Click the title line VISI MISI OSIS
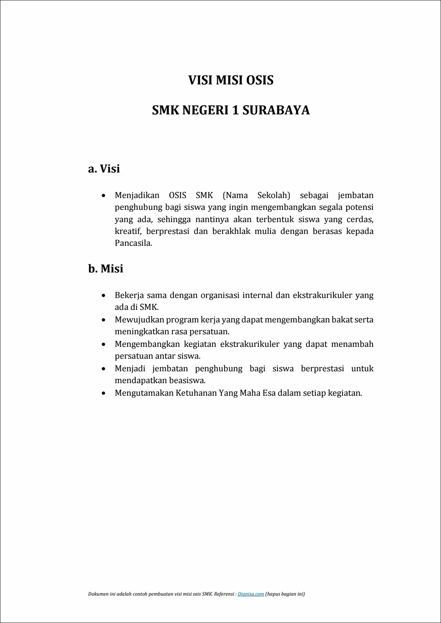231,80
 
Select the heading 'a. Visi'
104,169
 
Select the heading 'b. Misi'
106,269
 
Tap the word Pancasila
133,243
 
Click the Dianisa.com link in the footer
251,594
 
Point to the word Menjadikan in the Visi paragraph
137,195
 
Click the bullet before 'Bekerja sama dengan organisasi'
104,296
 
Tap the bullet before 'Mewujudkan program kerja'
104,320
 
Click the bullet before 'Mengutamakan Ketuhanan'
104,393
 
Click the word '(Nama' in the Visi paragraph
235,195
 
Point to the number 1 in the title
235,110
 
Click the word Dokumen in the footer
99,594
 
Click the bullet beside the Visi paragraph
104,196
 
